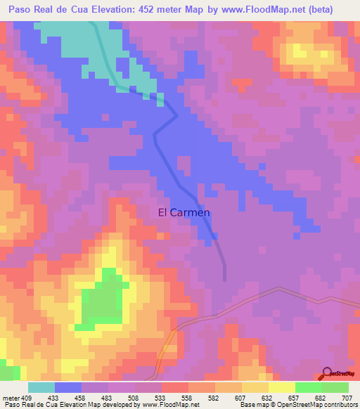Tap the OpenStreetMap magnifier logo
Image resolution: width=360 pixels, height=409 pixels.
328,372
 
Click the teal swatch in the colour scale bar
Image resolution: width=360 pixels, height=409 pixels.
41,387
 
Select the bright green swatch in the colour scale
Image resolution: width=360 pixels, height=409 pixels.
308,387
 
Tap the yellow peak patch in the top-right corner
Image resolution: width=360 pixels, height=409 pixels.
308,51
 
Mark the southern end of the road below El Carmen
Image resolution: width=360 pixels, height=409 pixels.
224,278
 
